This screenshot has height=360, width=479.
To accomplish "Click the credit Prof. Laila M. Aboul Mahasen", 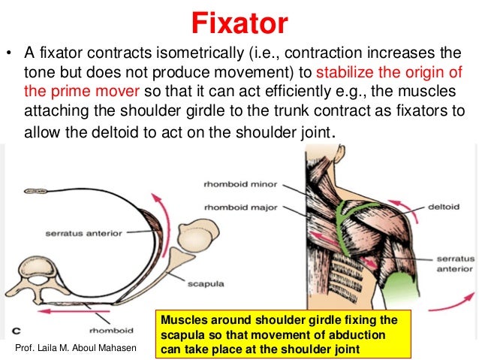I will pos(77,349).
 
